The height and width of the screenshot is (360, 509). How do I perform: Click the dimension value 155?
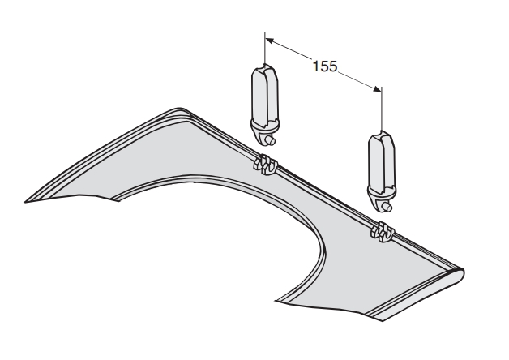tap(325, 66)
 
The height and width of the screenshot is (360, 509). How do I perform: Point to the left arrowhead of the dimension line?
tap(269, 41)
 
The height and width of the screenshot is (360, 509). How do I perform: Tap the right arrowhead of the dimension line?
tap(377, 89)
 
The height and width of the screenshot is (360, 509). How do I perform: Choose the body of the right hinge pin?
tap(382, 160)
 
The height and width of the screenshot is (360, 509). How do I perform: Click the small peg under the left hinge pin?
tap(270, 140)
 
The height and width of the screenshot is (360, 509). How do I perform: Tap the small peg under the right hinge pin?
tap(387, 207)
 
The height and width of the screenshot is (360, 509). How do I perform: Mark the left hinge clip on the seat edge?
tap(265, 164)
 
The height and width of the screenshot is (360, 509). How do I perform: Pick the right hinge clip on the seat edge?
tap(383, 232)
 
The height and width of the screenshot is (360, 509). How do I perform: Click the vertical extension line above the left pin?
tap(265, 48)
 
